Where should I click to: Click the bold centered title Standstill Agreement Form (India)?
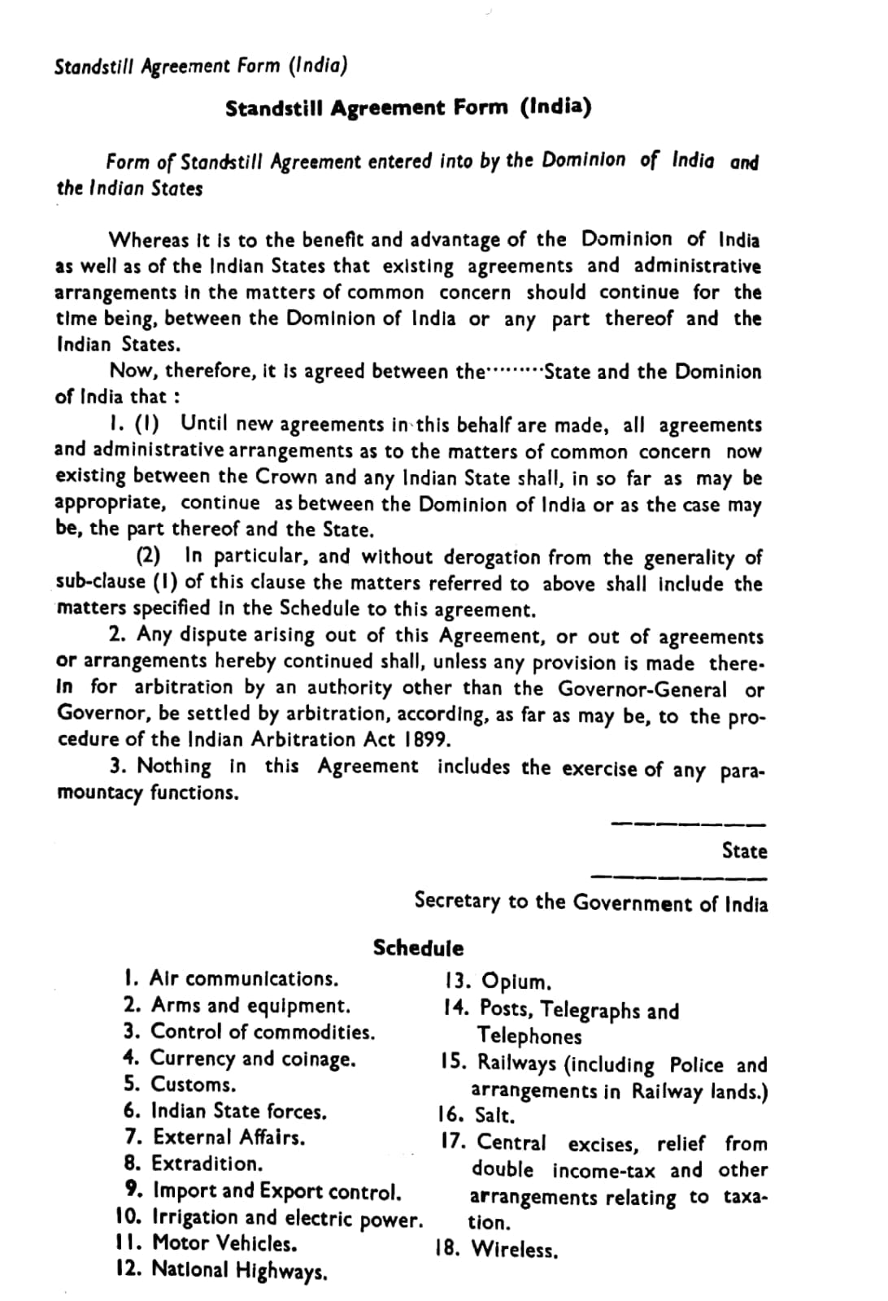click(408, 108)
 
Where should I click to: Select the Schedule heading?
click(418, 948)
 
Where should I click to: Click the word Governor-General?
click(642, 690)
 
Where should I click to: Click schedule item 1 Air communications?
click(232, 978)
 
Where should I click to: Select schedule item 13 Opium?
click(498, 981)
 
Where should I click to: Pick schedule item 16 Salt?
click(477, 1116)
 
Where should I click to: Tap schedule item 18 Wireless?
click(497, 1249)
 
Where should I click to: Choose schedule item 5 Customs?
click(181, 1085)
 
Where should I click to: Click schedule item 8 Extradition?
click(195, 1164)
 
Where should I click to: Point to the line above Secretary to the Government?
click(678, 877)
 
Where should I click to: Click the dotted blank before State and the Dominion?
click(513, 372)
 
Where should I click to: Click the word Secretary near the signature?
click(457, 901)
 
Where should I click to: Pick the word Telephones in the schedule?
click(529, 1037)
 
